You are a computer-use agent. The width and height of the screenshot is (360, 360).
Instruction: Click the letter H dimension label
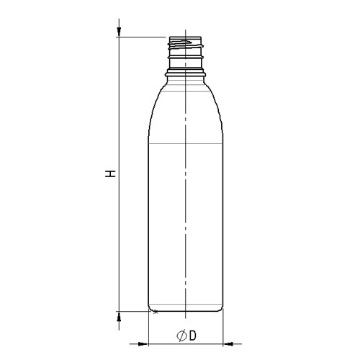[110, 174]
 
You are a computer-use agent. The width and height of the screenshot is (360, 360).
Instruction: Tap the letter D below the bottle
[193, 336]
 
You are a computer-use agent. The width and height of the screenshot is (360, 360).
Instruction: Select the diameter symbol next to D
[181, 336]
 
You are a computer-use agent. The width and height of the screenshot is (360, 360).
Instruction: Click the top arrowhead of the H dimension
[119, 31]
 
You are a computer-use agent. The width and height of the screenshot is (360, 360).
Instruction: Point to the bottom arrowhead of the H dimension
[119, 318]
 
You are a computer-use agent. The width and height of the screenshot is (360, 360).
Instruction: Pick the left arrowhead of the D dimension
[143, 344]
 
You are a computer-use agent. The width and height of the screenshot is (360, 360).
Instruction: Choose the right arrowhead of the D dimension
[228, 344]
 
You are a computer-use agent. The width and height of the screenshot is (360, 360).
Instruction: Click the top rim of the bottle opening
[185, 37]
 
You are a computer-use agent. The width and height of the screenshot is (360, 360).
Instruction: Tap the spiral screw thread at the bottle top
[185, 44]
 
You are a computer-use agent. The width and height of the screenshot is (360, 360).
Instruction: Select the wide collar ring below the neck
[185, 73]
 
